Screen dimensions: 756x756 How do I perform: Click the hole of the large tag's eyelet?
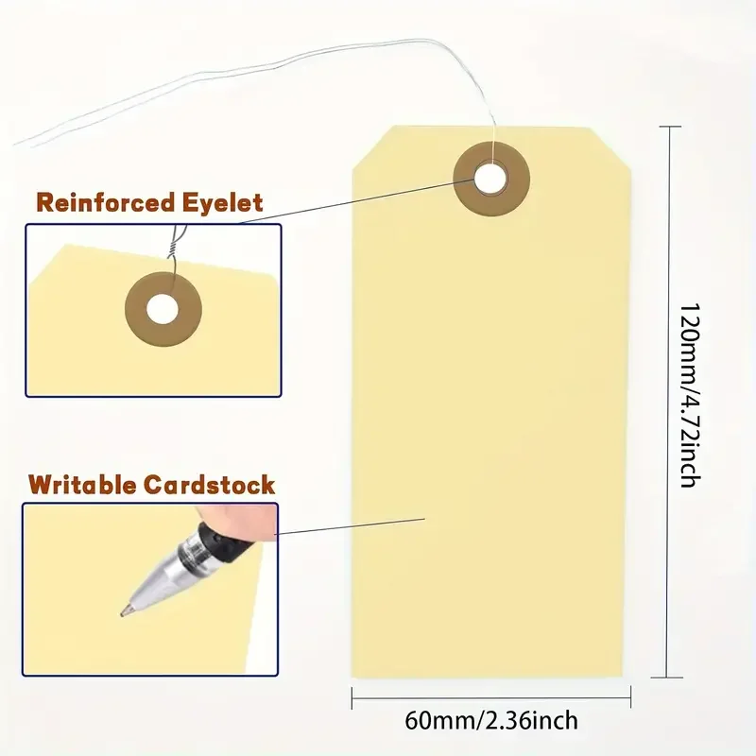(490, 176)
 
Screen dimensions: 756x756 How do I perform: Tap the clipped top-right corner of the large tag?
(612, 146)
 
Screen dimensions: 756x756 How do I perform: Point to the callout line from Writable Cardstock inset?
(350, 525)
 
